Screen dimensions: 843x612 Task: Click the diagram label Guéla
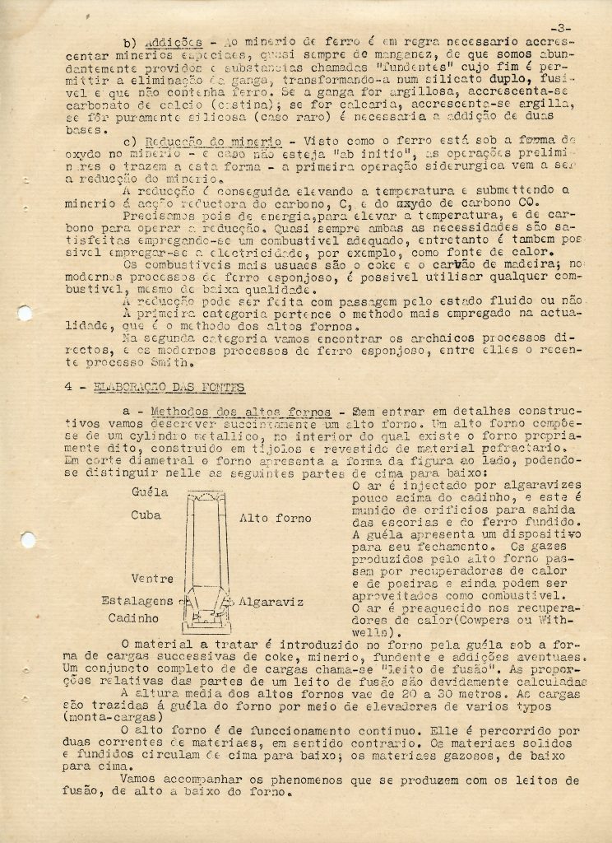click(149, 493)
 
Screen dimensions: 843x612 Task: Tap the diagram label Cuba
click(146, 515)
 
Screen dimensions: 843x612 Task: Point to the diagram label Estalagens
click(138, 600)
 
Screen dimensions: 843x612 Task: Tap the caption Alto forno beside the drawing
click(276, 519)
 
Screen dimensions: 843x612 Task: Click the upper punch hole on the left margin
click(25, 313)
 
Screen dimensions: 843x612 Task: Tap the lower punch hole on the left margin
click(27, 541)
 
